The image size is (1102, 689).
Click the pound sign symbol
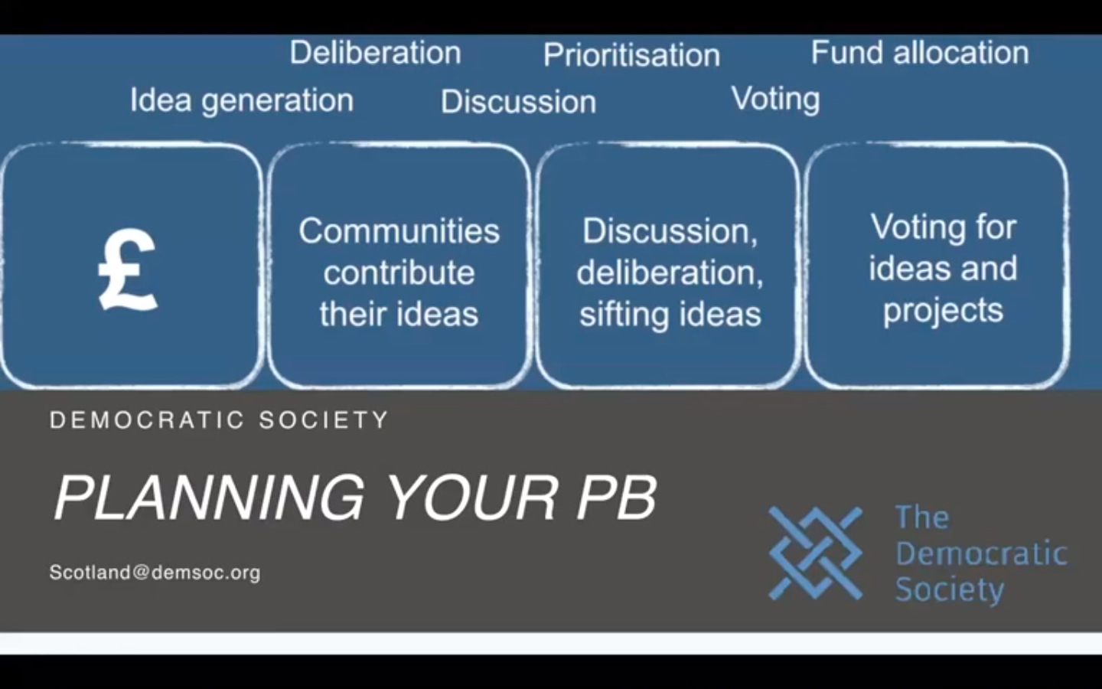click(x=128, y=271)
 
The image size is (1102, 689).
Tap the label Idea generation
click(x=242, y=100)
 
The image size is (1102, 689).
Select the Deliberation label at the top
click(x=375, y=53)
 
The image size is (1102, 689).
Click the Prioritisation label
click(x=631, y=55)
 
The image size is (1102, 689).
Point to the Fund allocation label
click(x=919, y=53)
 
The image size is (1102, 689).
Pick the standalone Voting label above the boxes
click(x=775, y=99)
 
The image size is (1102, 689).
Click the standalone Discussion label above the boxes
click(x=518, y=102)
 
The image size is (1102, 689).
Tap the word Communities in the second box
click(x=399, y=231)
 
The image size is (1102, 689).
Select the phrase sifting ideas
click(x=670, y=315)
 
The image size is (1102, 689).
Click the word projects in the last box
click(x=943, y=311)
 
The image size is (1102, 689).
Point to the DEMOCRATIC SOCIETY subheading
click(x=220, y=420)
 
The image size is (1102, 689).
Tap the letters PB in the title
click(x=616, y=498)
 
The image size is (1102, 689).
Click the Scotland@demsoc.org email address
click(x=155, y=573)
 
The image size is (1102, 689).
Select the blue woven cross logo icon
click(x=815, y=552)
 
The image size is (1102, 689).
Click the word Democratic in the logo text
click(x=981, y=553)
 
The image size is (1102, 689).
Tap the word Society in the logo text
click(x=949, y=589)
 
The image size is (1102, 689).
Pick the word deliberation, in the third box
click(x=670, y=273)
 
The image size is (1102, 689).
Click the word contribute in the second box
click(x=399, y=273)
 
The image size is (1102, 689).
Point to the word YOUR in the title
click(x=471, y=498)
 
